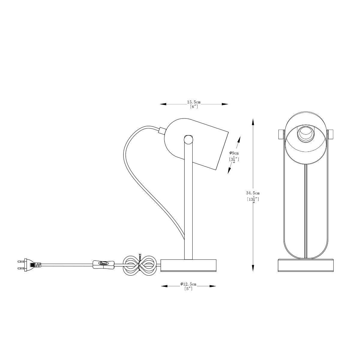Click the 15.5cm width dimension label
coord(194,102)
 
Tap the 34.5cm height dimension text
coord(253,193)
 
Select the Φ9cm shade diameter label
coord(234,153)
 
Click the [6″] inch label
coord(194,107)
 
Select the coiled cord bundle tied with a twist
coord(139,265)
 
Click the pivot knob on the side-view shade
coord(188,139)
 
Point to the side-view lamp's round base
coord(188,265)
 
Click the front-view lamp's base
coord(306,265)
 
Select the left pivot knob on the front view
coord(281,134)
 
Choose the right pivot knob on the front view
coord(330,134)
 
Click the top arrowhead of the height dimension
coord(253,121)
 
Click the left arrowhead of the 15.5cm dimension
coord(163,104)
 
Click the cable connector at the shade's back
coord(162,130)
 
